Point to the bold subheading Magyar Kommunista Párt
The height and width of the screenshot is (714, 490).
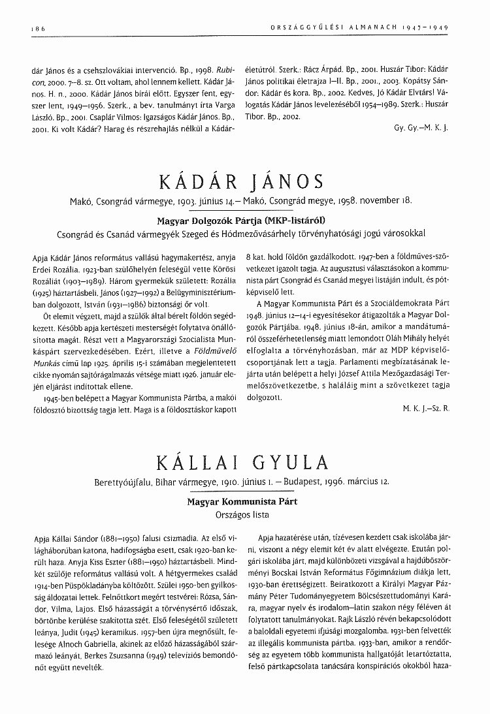click(242, 502)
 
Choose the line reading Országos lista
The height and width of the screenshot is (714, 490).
click(242, 514)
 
